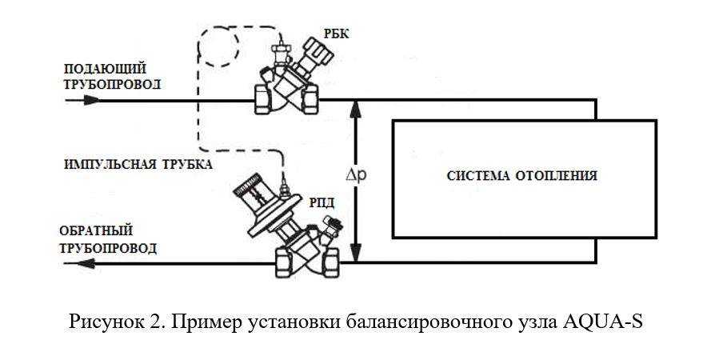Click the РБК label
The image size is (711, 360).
[337, 33]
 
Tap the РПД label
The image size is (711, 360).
[322, 203]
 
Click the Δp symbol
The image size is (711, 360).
[355, 176]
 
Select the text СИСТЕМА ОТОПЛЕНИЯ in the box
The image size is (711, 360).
[522, 176]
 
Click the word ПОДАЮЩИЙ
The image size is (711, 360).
[106, 69]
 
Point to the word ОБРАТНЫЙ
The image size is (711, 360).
[96, 230]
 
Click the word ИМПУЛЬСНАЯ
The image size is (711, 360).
[106, 164]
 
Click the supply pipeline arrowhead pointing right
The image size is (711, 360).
[91, 100]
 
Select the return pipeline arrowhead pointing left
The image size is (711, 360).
[86, 263]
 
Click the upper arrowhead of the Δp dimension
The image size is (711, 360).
[357, 107]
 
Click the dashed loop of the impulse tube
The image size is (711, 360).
[219, 46]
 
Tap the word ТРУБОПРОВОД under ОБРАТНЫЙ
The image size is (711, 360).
[108, 248]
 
